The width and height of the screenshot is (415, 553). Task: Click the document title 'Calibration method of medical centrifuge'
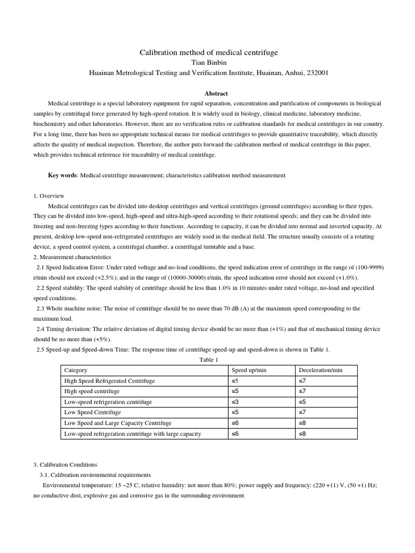click(209, 52)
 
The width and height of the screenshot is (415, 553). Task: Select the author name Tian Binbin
click(209, 62)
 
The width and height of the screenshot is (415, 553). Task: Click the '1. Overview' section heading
click(49, 196)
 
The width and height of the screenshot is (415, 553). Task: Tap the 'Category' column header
click(76, 370)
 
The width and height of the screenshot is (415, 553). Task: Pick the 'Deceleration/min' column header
click(320, 370)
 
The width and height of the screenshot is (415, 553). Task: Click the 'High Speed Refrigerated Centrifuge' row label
click(109, 381)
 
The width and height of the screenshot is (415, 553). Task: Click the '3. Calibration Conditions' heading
click(65, 464)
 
